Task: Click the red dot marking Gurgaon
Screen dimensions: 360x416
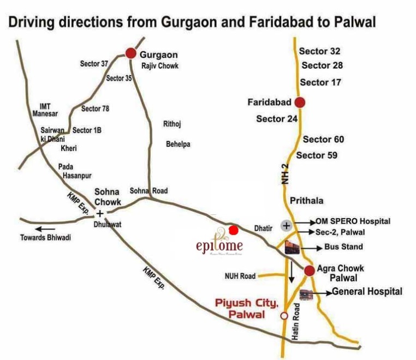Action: click(x=130, y=53)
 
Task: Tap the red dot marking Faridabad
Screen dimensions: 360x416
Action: click(x=300, y=102)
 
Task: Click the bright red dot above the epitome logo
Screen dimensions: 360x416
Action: click(x=233, y=230)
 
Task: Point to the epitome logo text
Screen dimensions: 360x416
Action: click(x=219, y=246)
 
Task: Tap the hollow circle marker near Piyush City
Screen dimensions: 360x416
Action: click(x=283, y=316)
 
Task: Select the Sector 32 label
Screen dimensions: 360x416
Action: click(x=320, y=51)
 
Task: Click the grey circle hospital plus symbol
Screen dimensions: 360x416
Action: click(x=287, y=225)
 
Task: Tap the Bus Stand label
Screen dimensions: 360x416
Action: click(x=343, y=247)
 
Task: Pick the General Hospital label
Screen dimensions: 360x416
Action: click(x=367, y=292)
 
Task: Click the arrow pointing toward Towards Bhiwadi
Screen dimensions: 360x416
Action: click(x=46, y=229)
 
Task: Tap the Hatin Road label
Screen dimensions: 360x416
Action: click(x=295, y=322)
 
